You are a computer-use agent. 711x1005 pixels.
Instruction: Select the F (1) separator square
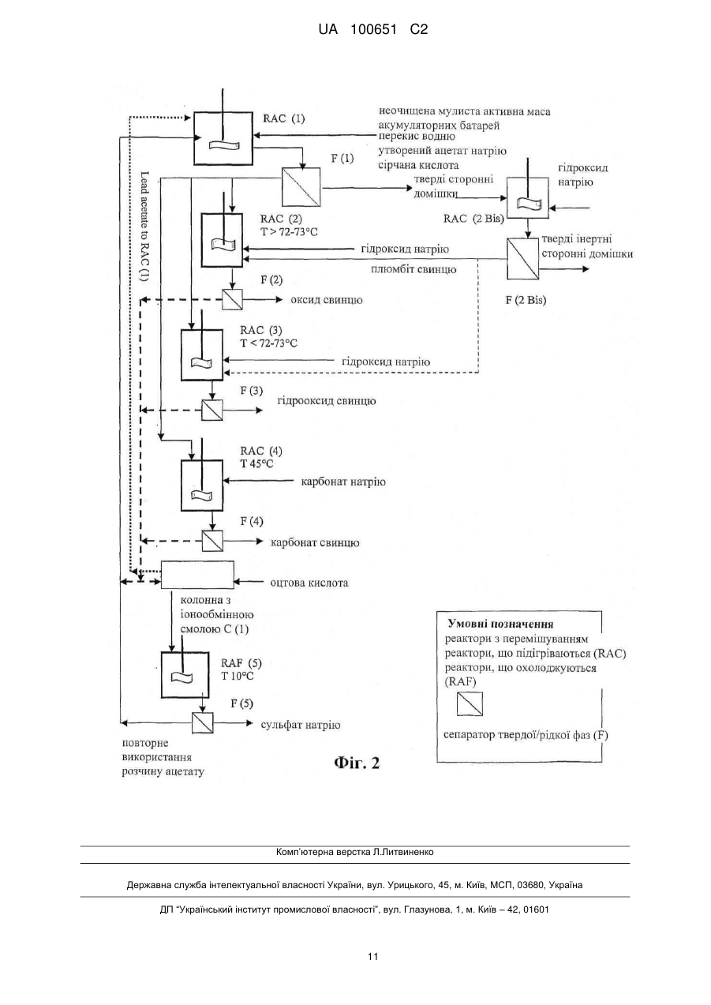point(301,187)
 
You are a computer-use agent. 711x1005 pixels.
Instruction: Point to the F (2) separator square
point(232,299)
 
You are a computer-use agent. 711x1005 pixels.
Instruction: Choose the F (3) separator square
point(211,410)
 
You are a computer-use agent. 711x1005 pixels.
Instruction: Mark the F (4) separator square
point(212,541)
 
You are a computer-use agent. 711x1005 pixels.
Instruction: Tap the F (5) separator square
point(202,723)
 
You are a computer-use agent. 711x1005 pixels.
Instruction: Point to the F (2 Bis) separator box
point(522,259)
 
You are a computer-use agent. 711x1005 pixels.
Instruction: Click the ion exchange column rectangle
point(197,575)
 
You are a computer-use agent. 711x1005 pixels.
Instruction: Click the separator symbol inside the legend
point(470,704)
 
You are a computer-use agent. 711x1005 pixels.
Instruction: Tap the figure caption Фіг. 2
point(357,763)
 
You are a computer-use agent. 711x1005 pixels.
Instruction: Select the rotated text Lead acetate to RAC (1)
point(144,227)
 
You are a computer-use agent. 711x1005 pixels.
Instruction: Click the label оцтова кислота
point(309,583)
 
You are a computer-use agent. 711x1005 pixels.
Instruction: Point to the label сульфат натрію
point(301,725)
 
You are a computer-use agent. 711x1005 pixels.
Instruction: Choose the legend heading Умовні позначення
point(500,624)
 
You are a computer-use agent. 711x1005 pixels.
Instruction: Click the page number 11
point(372,956)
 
